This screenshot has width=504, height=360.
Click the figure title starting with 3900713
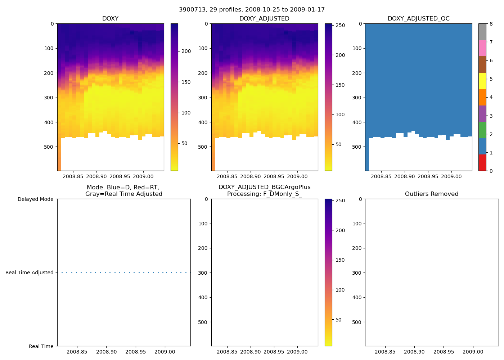coord(252,10)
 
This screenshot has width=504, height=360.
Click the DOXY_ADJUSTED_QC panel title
coord(418,19)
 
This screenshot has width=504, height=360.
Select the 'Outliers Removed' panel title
coord(432,194)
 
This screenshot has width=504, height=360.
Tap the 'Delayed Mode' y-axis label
coord(35,199)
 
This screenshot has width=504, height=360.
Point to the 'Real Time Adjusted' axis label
coord(30,273)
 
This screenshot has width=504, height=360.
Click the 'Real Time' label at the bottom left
coord(41,346)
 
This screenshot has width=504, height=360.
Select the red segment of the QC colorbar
coord(482,163)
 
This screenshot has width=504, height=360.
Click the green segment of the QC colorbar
coord(482,130)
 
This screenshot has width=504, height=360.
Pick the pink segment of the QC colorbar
coord(482,48)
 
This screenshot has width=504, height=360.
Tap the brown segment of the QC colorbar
coord(482,64)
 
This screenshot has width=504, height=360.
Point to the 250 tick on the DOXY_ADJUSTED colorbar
coord(340,26)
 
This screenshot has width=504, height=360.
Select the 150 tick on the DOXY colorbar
coord(186,82)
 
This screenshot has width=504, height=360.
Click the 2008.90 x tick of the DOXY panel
coord(96,176)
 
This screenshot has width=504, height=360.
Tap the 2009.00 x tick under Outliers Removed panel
coord(473,352)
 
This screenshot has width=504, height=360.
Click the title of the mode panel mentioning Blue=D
coord(123,191)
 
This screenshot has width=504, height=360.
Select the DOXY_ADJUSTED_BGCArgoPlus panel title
coord(264,191)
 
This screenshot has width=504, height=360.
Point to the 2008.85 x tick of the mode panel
coord(77,352)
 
